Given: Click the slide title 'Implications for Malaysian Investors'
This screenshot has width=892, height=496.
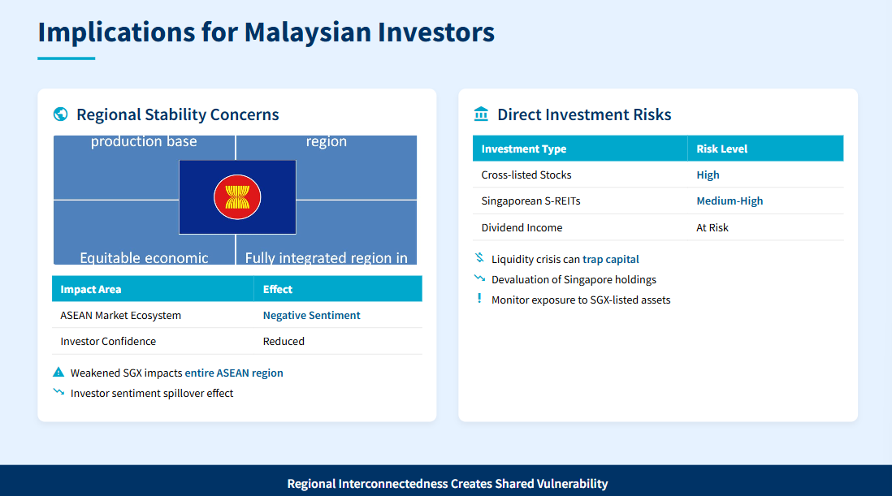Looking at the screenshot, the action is point(266,32).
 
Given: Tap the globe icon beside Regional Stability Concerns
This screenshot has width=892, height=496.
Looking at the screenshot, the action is point(60,114).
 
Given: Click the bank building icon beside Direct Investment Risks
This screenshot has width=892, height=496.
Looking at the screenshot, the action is point(481,114).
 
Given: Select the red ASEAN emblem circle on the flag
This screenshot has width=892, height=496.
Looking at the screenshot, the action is point(237,197).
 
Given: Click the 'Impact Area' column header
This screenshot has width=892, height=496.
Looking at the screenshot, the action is point(90,289).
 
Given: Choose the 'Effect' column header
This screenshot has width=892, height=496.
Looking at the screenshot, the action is point(278,289).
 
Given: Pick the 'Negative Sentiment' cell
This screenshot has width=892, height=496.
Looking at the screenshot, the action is point(312,315).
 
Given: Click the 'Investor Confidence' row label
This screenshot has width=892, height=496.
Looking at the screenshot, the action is point(108,342).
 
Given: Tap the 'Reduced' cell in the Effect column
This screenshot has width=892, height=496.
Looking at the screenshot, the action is point(284,342).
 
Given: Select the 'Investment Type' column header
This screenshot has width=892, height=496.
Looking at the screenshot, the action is point(524,149).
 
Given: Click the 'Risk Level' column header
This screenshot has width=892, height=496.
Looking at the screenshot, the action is point(722,149).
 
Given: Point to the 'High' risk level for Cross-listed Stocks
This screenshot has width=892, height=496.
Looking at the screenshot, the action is point(708,175).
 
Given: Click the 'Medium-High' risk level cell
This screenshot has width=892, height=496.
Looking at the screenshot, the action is point(730,201).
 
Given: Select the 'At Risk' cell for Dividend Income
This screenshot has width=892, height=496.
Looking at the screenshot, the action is point(712,228).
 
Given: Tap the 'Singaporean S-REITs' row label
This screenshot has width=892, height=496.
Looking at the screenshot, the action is point(530,201).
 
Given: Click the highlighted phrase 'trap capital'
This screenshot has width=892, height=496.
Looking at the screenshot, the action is point(611,260).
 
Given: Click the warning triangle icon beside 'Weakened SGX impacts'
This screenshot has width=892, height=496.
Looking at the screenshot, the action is point(58,372).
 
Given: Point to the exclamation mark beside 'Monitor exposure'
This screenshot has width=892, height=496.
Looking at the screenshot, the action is point(479,298).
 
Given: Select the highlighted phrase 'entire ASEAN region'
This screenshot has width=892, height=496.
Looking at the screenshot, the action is point(234,373).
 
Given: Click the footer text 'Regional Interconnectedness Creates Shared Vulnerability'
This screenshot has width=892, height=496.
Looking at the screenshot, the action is point(448,484).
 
